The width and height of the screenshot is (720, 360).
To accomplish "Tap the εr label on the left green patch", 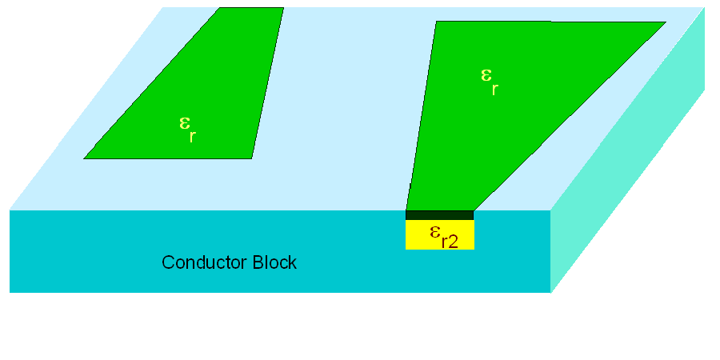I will pos(186,129).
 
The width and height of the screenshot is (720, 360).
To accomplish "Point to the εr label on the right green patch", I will pos(488,81).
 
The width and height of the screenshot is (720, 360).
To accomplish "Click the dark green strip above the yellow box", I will pos(439,214).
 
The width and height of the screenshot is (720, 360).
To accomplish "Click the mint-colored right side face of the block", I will pos(632,184).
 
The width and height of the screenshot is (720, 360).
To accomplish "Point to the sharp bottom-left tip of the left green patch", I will pos(85,158).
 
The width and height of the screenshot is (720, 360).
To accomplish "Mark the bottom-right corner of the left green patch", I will pos(252,158).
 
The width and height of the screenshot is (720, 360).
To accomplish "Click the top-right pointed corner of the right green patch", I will pos(665,22).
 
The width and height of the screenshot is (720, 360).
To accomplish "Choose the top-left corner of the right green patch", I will pos(436,22).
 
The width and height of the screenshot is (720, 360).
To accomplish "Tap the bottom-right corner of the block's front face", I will pos(550,292).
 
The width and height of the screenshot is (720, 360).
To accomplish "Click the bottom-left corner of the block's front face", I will pos(10,292).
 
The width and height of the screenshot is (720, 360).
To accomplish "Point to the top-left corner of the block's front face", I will pos(10,210).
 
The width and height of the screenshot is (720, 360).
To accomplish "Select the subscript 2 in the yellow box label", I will pos(453,242).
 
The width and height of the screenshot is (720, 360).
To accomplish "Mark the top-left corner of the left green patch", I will pos(220,8).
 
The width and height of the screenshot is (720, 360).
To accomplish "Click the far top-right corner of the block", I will pos(704,8).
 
